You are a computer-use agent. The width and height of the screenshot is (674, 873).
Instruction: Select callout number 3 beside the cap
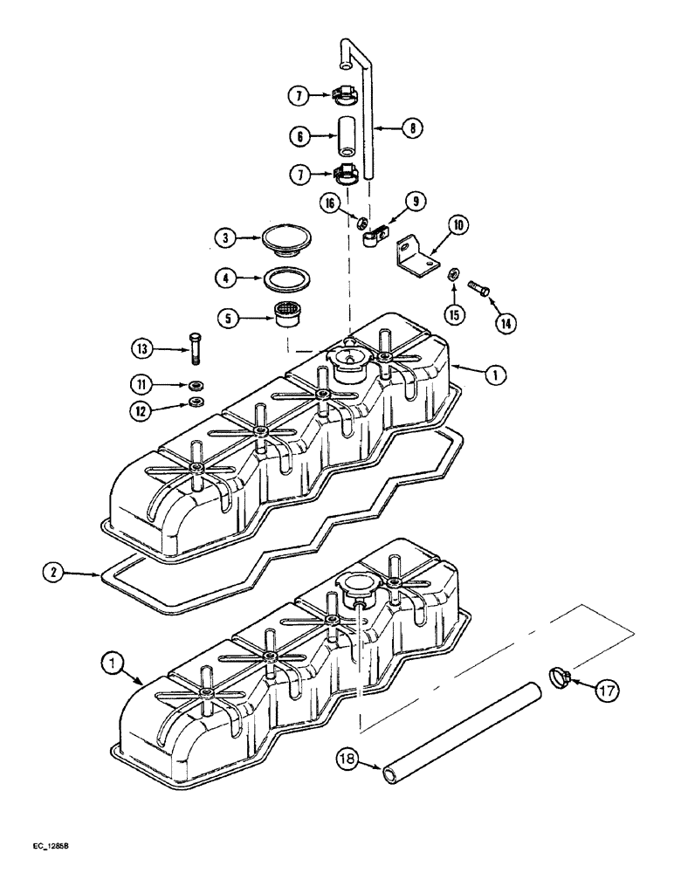click(x=224, y=237)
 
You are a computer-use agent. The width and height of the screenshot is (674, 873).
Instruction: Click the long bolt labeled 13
click(x=193, y=350)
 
